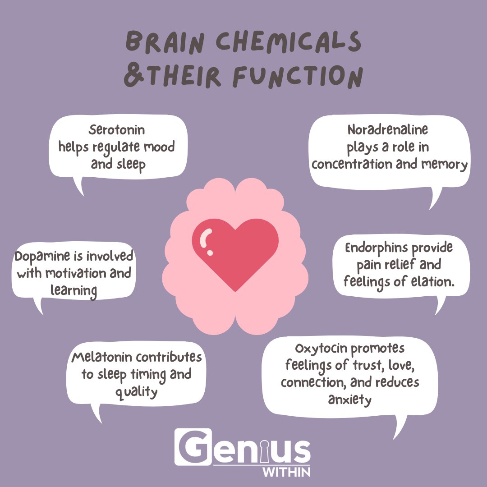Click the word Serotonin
pyautogui.click(x=117, y=130)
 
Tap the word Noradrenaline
pyautogui.click(x=387, y=130)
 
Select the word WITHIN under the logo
pyautogui.click(x=293, y=472)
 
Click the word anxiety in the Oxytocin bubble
pyautogui.click(x=349, y=400)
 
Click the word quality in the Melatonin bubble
pyautogui.click(x=136, y=392)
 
